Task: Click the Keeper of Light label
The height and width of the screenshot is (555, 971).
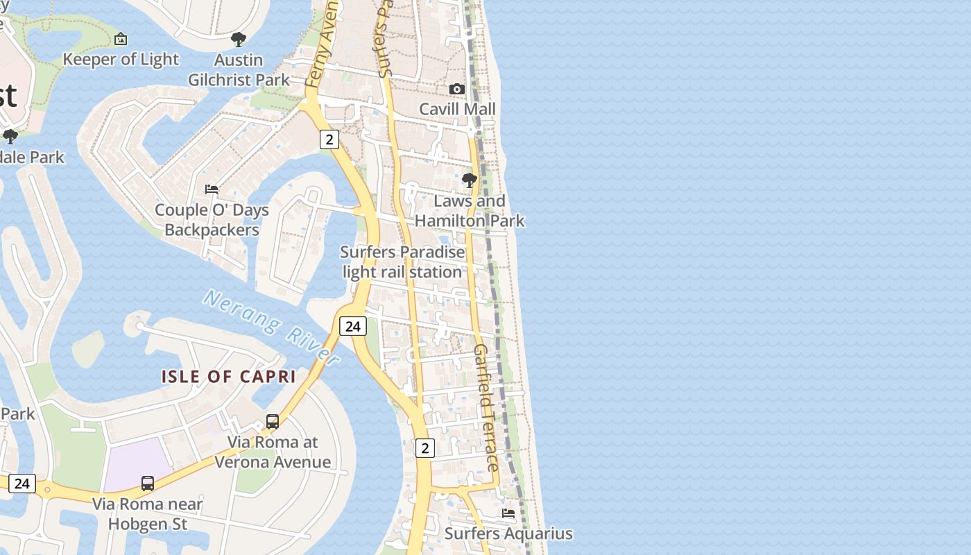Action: [x=121, y=60]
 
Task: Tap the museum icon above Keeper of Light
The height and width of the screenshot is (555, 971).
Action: [x=121, y=39]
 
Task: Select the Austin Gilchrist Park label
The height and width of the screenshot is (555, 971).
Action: [x=239, y=69]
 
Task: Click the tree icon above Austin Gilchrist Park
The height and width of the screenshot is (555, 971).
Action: [x=239, y=39]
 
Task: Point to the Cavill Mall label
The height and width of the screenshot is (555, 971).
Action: [x=457, y=109]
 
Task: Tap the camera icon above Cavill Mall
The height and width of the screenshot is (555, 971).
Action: [x=456, y=89]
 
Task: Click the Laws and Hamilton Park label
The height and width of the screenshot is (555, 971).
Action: [x=470, y=211]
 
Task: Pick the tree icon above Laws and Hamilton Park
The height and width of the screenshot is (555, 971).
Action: [x=470, y=181]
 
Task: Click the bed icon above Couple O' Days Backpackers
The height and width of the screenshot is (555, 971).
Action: [x=212, y=189]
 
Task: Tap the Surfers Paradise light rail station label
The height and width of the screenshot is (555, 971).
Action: [x=402, y=262]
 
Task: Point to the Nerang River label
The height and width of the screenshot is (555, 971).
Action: [x=271, y=327]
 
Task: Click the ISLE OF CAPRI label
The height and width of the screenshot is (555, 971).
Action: [x=229, y=377]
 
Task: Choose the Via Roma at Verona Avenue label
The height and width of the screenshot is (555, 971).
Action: [x=273, y=452]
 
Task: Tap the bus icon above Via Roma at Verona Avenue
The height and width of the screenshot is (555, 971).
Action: [x=273, y=422]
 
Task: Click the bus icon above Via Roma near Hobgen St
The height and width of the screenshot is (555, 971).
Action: [x=148, y=484]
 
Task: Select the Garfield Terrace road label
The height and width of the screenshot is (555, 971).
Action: [x=486, y=407]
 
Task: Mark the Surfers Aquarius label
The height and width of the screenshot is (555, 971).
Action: [x=508, y=533]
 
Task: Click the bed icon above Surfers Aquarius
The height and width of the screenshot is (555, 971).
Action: [x=508, y=513]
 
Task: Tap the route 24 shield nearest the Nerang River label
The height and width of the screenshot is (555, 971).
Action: [x=353, y=326]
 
